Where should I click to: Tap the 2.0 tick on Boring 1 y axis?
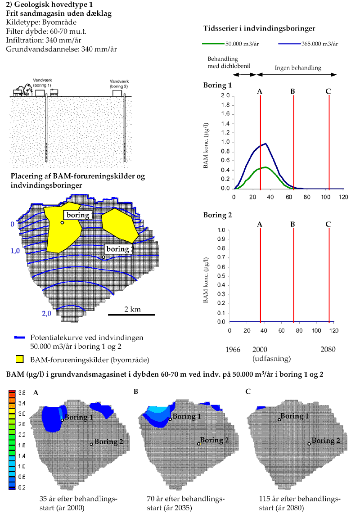[225, 96]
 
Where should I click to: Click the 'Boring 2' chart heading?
[217, 215]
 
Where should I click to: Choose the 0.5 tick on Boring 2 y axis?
[221, 276]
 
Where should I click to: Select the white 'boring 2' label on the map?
[119, 249]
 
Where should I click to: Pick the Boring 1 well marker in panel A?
[63, 420]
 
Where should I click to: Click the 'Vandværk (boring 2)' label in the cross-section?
[118, 83]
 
